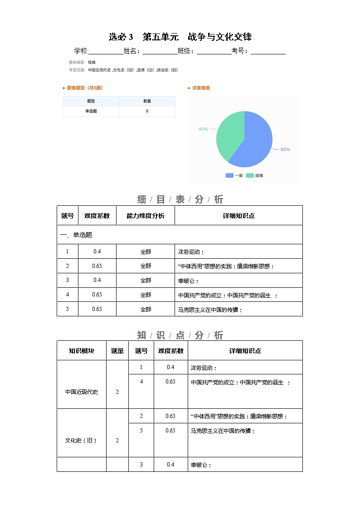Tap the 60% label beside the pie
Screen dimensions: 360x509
(285, 150)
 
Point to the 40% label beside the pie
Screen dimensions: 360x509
(203, 129)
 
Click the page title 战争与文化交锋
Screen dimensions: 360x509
(180, 37)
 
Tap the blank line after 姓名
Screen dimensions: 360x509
(161, 52)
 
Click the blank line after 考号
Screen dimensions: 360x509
(268, 52)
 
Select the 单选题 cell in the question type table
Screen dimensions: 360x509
(91, 111)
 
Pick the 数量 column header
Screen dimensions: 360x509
(147, 101)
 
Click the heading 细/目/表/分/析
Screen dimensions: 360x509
(180, 199)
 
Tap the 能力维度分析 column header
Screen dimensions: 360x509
(146, 216)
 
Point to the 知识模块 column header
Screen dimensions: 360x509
(82, 351)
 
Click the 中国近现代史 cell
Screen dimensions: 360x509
(82, 392)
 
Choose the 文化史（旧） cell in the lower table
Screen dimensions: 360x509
(82, 440)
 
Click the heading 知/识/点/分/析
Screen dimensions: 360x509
(180, 335)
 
